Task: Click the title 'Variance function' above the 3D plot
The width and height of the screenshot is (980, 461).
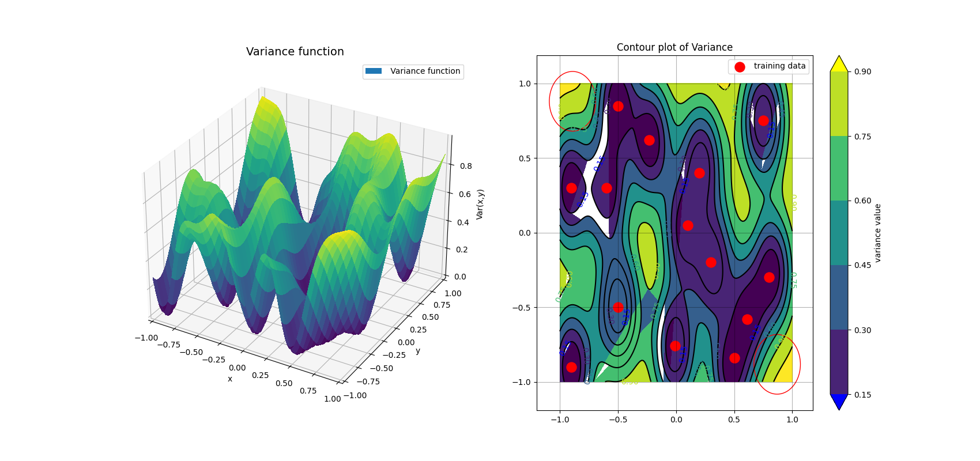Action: pos(295,52)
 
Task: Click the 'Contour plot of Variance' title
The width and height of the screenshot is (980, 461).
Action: pos(674,47)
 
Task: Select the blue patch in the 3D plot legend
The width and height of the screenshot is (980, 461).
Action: pos(374,71)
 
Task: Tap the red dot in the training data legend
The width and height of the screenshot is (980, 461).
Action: pos(740,67)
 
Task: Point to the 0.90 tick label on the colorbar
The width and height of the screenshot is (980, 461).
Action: pos(862,71)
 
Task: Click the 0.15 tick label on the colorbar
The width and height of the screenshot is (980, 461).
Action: pos(862,395)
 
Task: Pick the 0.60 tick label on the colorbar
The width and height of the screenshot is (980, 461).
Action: pos(862,201)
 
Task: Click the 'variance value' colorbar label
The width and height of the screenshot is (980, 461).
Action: pos(877,233)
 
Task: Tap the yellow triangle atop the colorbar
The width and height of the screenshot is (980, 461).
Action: pos(839,64)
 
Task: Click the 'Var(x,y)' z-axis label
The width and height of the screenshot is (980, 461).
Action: pos(480,204)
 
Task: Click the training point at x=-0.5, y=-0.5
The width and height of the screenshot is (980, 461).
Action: pos(618,307)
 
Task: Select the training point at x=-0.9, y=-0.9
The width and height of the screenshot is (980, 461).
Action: pos(571,367)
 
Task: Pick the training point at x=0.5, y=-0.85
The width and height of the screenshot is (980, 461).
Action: pos(734,358)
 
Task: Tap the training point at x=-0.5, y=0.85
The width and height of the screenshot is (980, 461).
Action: pos(618,106)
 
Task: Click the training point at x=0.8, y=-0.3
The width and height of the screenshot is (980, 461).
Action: pos(769,277)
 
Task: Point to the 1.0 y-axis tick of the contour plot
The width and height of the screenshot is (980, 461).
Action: pos(525,84)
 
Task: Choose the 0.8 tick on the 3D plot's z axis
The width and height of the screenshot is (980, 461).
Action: pos(465,166)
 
